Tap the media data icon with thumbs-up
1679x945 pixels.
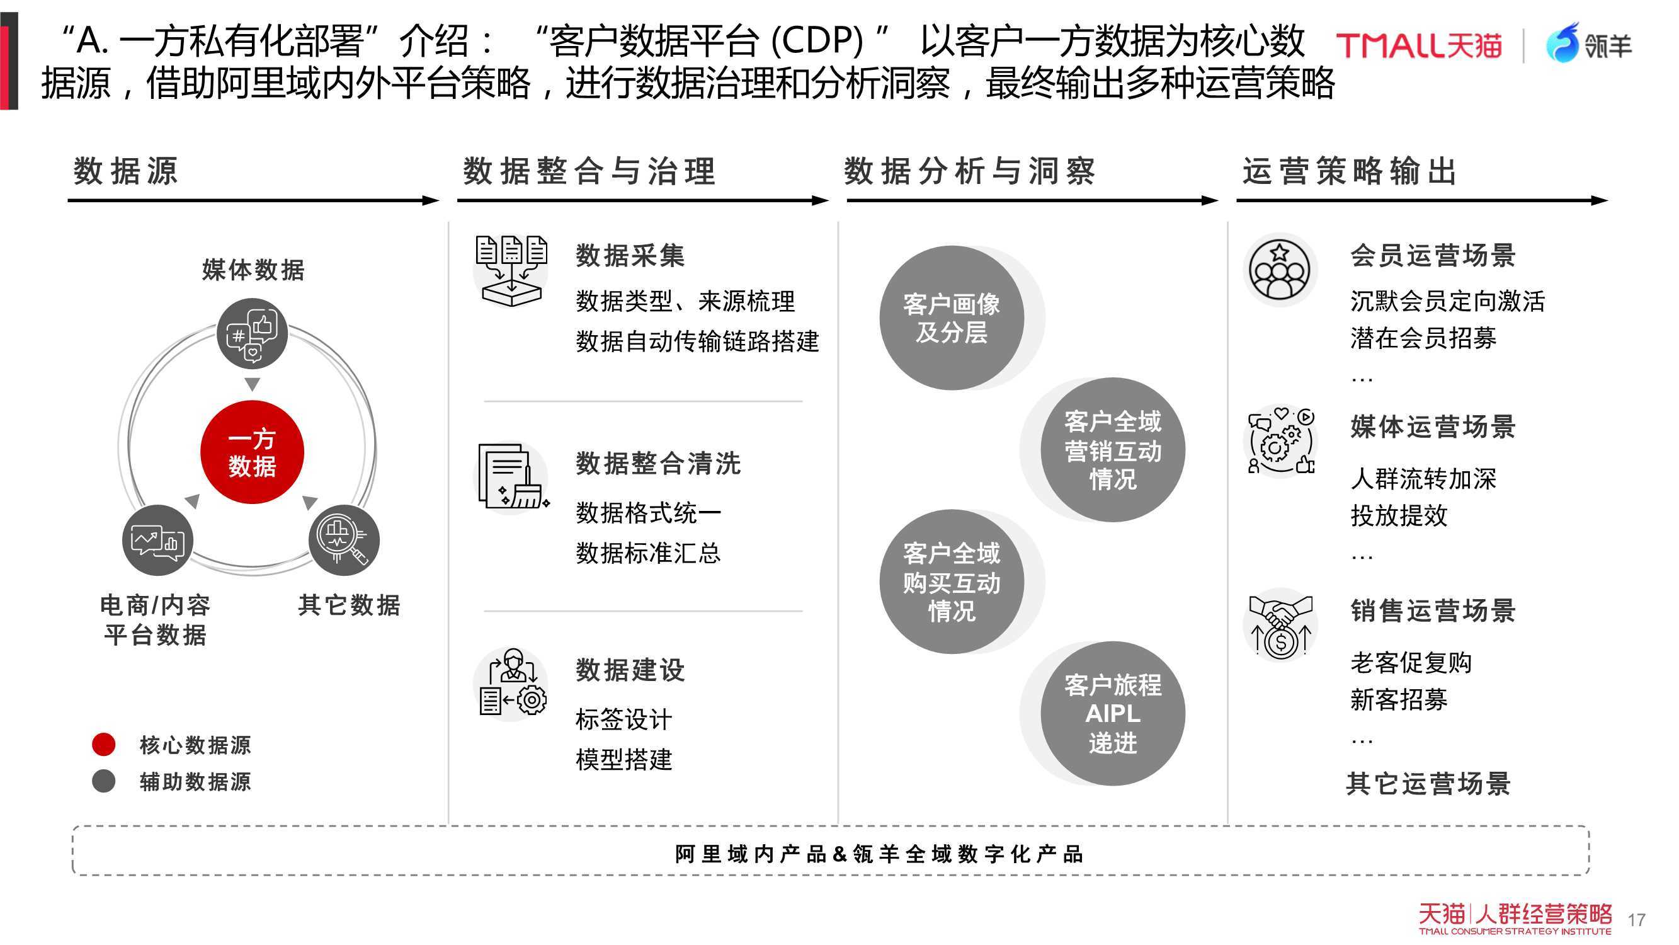pyautogui.click(x=253, y=334)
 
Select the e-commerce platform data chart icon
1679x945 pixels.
pyautogui.click(x=157, y=540)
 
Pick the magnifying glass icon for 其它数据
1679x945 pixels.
pyautogui.click(x=343, y=540)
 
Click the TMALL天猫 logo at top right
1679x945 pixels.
pyautogui.click(x=1419, y=45)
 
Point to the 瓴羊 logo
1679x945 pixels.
pyautogui.click(x=1588, y=43)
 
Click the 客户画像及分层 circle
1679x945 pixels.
pyautogui.click(x=952, y=318)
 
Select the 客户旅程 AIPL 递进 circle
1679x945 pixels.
pyautogui.click(x=1113, y=714)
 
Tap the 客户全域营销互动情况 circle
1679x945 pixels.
pyautogui.click(x=1113, y=449)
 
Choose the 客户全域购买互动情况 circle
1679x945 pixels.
pyautogui.click(x=952, y=581)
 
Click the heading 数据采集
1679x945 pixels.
pyautogui.click(x=630, y=255)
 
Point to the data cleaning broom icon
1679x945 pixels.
pyautogui.click(x=513, y=478)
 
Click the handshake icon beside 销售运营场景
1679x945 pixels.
pyautogui.click(x=1281, y=626)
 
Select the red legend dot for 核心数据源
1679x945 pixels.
pyautogui.click(x=104, y=744)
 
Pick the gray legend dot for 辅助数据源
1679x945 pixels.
pyautogui.click(x=104, y=781)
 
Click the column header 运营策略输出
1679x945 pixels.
pyautogui.click(x=1349, y=171)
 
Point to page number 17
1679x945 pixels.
pyautogui.click(x=1636, y=920)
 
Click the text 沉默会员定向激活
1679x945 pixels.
pyautogui.click(x=1448, y=301)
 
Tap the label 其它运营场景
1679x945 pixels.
pyautogui.click(x=1428, y=783)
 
